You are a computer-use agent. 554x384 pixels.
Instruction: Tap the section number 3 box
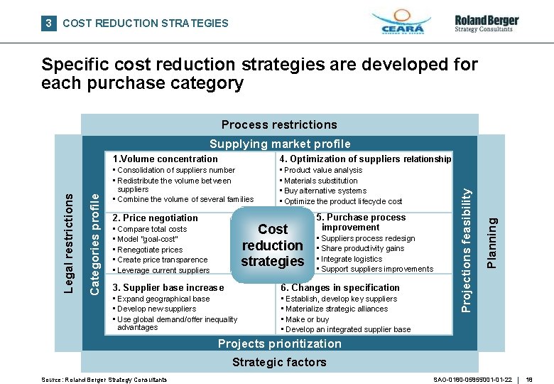point(48,23)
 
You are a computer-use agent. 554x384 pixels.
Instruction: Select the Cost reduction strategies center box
point(273,245)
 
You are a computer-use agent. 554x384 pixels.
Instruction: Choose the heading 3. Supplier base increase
point(168,287)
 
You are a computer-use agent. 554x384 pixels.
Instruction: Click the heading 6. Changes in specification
point(340,287)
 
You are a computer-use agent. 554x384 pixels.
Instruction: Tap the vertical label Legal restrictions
point(69,242)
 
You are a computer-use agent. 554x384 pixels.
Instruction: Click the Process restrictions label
point(279,124)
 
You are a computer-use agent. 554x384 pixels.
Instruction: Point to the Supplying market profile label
point(279,144)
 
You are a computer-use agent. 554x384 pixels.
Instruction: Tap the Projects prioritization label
point(279,343)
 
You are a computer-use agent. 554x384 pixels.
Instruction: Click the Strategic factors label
point(279,362)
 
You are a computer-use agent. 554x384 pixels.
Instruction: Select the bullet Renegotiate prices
point(150,250)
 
